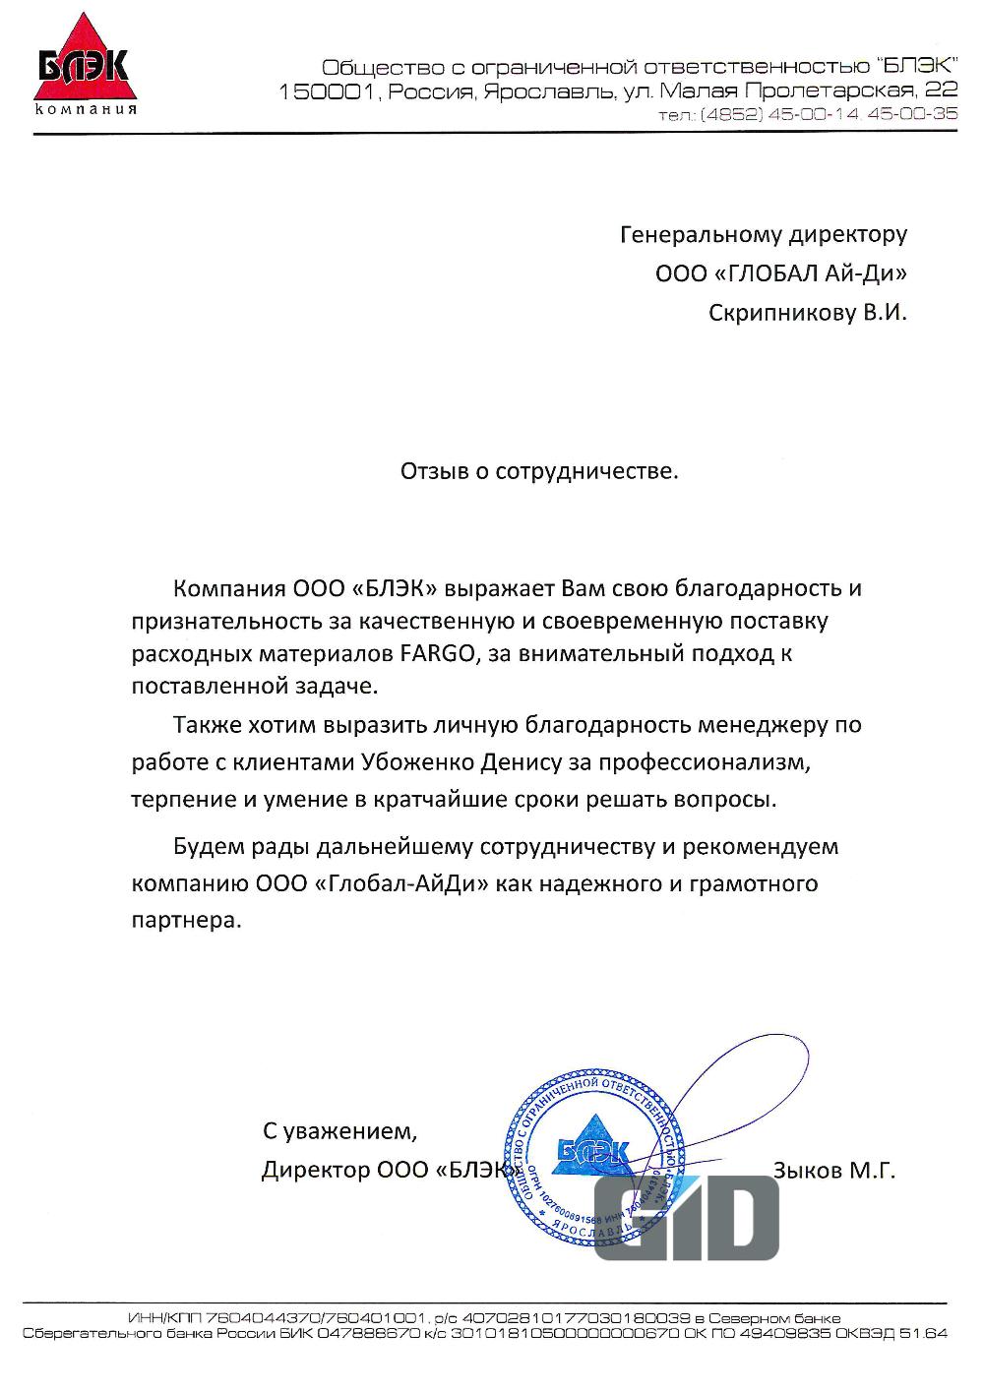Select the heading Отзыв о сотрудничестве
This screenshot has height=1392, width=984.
(539, 471)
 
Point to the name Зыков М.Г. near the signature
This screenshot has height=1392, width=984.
(834, 1171)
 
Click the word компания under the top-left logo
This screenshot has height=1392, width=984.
(85, 109)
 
